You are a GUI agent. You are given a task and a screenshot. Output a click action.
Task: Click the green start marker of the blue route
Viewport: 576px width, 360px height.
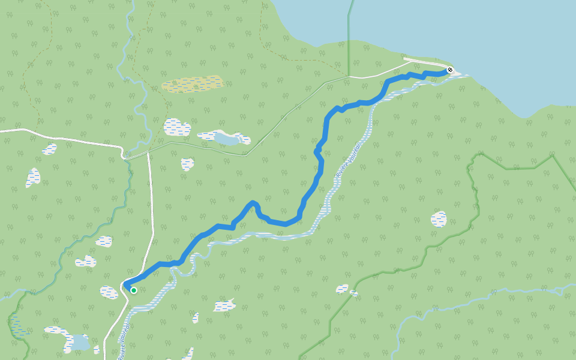pyautogui.click(x=134, y=290)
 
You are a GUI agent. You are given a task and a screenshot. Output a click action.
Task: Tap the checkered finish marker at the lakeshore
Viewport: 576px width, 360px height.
pyautogui.click(x=450, y=70)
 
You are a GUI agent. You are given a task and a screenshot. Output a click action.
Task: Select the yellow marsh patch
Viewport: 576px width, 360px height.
pyautogui.click(x=193, y=83)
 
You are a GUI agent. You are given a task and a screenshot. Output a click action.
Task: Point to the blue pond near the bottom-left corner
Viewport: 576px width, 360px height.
pyautogui.click(x=79, y=343)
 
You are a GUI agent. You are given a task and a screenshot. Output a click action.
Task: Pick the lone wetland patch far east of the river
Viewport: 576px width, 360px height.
pyautogui.click(x=439, y=219)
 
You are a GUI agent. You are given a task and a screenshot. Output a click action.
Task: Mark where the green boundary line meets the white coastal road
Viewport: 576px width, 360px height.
pyautogui.click(x=348, y=77)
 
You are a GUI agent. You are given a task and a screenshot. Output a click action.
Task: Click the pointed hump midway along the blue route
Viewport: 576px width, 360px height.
pyautogui.click(x=253, y=203)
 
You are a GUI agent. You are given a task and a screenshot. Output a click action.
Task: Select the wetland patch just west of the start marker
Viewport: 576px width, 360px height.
pyautogui.click(x=109, y=292)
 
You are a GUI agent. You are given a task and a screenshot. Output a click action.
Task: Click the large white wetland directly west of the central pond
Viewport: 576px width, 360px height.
pyautogui.click(x=176, y=127)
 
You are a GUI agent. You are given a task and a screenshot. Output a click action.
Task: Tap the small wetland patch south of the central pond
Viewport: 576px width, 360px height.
pyautogui.click(x=188, y=164)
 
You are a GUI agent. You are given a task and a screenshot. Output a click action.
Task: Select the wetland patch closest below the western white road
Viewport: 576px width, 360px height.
pyautogui.click(x=50, y=148)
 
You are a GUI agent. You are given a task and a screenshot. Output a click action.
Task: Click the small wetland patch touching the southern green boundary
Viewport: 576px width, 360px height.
pyautogui.click(x=343, y=289)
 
